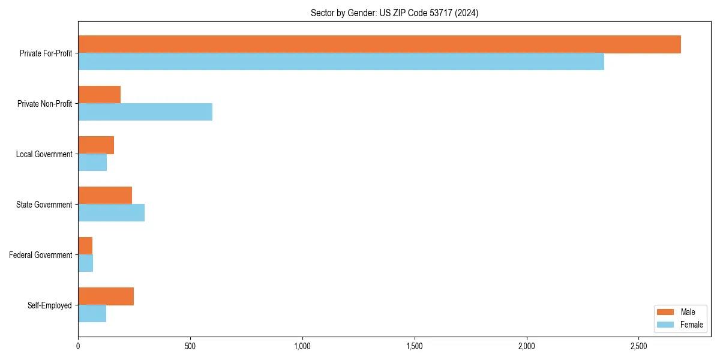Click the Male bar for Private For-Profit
coord(379,44)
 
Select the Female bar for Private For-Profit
coord(341,62)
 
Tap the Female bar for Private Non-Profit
coord(145,112)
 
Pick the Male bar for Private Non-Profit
coord(100,95)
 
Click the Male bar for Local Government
coord(96,145)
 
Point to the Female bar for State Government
coord(112,213)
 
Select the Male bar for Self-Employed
coord(106,296)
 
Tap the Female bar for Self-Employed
coord(92,314)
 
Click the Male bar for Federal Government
coord(85,246)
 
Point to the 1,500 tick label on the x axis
coord(415,346)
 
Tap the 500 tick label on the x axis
coord(190,346)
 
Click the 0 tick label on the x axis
coord(78,346)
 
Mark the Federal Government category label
coord(41,255)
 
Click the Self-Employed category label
coord(50,305)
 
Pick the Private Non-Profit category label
coord(44,104)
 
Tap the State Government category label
coord(44,205)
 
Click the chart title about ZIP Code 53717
coord(394,13)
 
